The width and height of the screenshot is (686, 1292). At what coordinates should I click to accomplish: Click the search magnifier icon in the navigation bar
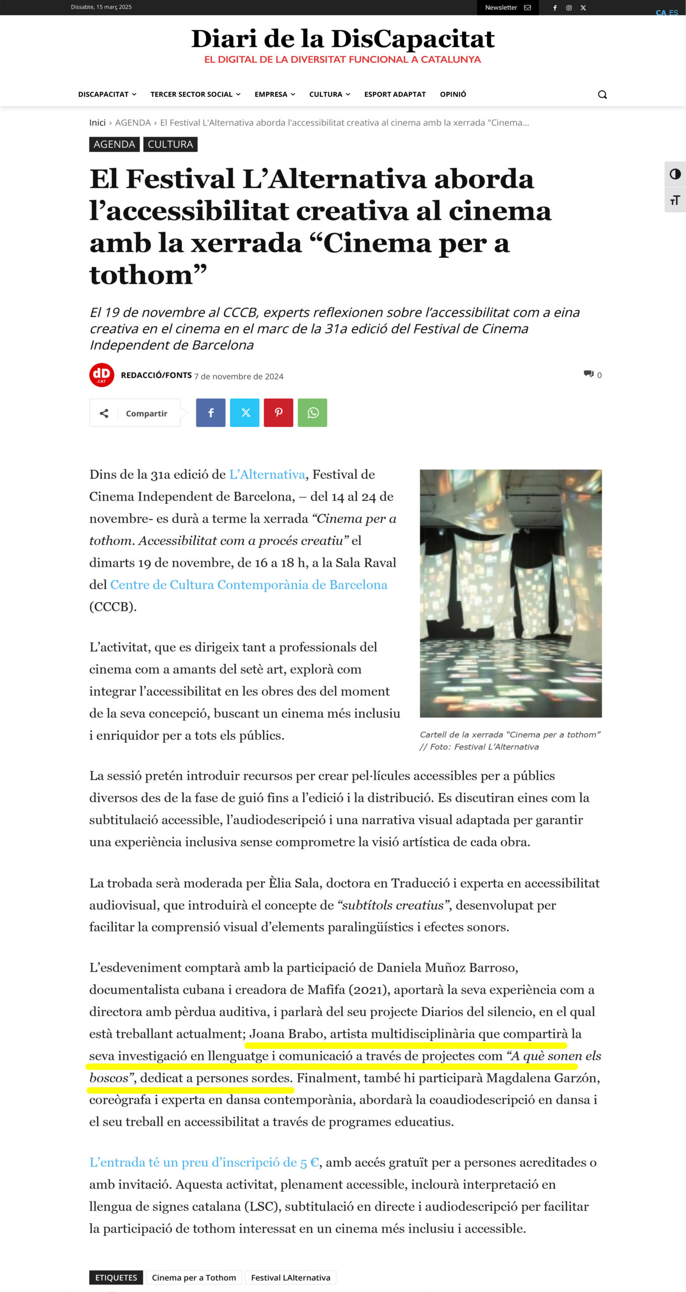click(602, 94)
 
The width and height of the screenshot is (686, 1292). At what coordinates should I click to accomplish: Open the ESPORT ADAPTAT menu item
click(395, 94)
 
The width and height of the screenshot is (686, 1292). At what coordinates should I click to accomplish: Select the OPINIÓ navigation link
click(453, 94)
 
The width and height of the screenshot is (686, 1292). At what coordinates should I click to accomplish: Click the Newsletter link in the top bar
click(507, 8)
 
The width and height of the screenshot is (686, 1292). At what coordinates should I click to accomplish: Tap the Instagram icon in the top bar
click(569, 8)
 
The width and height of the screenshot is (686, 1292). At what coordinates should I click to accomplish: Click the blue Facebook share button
click(210, 413)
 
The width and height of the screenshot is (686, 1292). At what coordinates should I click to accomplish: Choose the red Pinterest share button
click(278, 413)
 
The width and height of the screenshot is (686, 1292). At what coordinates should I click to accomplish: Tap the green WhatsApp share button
click(312, 413)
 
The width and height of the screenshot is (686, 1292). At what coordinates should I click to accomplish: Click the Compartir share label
click(146, 413)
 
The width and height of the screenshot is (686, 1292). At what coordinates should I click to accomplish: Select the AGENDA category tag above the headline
click(114, 144)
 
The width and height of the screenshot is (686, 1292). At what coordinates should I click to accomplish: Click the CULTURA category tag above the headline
click(170, 144)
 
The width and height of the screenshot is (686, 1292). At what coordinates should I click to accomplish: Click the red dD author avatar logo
click(101, 375)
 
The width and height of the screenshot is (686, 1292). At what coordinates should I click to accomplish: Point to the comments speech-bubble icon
click(589, 374)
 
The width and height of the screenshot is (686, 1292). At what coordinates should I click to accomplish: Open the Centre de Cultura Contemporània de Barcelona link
click(248, 584)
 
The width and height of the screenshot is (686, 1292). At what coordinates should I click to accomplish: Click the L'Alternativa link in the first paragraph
click(267, 474)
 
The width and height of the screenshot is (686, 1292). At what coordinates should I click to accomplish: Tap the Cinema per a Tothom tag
click(194, 1277)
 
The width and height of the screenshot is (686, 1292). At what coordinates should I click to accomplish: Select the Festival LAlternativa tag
click(290, 1277)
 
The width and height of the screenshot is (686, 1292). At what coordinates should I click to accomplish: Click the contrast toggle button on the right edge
click(675, 175)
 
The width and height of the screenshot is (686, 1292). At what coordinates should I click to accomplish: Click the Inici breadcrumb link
click(97, 123)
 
